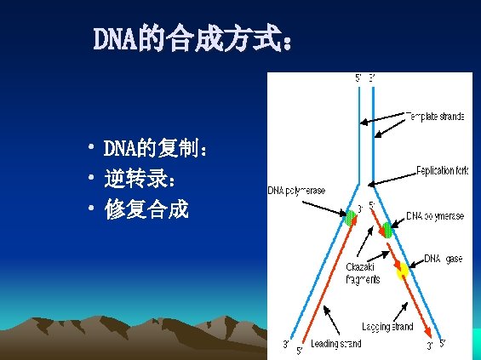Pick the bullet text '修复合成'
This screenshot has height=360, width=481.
146,209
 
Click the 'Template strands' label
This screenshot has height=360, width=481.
434,116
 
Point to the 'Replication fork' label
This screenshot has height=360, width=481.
442,170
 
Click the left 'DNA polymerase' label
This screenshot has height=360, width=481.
296,191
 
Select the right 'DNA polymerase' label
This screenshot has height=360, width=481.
435,216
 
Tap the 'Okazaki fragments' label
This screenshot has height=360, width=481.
363,272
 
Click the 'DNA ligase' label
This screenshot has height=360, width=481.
444,259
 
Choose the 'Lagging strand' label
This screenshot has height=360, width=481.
387,326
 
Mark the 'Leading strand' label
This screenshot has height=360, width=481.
335,344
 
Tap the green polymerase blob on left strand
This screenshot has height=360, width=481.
350,217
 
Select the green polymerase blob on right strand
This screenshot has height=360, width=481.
387,229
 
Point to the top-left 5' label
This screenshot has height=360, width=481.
358,78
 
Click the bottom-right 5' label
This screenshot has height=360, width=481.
443,343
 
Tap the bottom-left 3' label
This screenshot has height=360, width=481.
287,345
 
